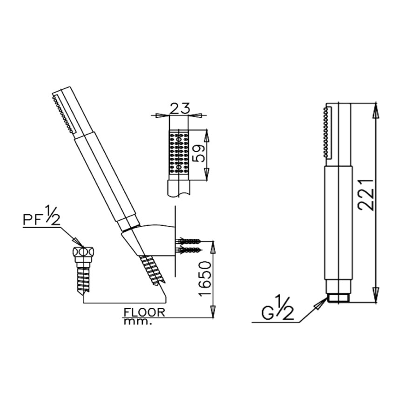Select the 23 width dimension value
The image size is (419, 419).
coord(179,108)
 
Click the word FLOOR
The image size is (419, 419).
coord(144,312)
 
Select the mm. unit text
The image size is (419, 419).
coord(138,322)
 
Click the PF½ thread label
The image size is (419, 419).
coord(42,219)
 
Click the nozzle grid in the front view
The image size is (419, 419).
coord(179,153)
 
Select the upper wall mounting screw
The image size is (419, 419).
coord(189,241)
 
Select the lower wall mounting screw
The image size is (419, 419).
coord(189,250)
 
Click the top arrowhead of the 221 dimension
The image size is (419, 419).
coord(377,108)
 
